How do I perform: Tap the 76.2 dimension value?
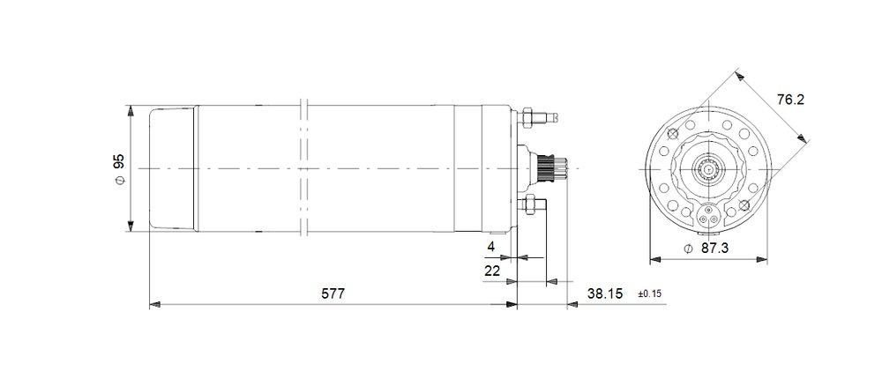(x=789, y=100)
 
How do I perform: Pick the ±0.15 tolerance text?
(x=648, y=293)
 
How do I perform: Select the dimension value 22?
(x=493, y=271)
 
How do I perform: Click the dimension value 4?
(x=491, y=247)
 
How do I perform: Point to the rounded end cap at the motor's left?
(x=173, y=167)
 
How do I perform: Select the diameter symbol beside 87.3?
(x=688, y=249)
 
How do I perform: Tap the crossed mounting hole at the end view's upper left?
(x=674, y=134)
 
